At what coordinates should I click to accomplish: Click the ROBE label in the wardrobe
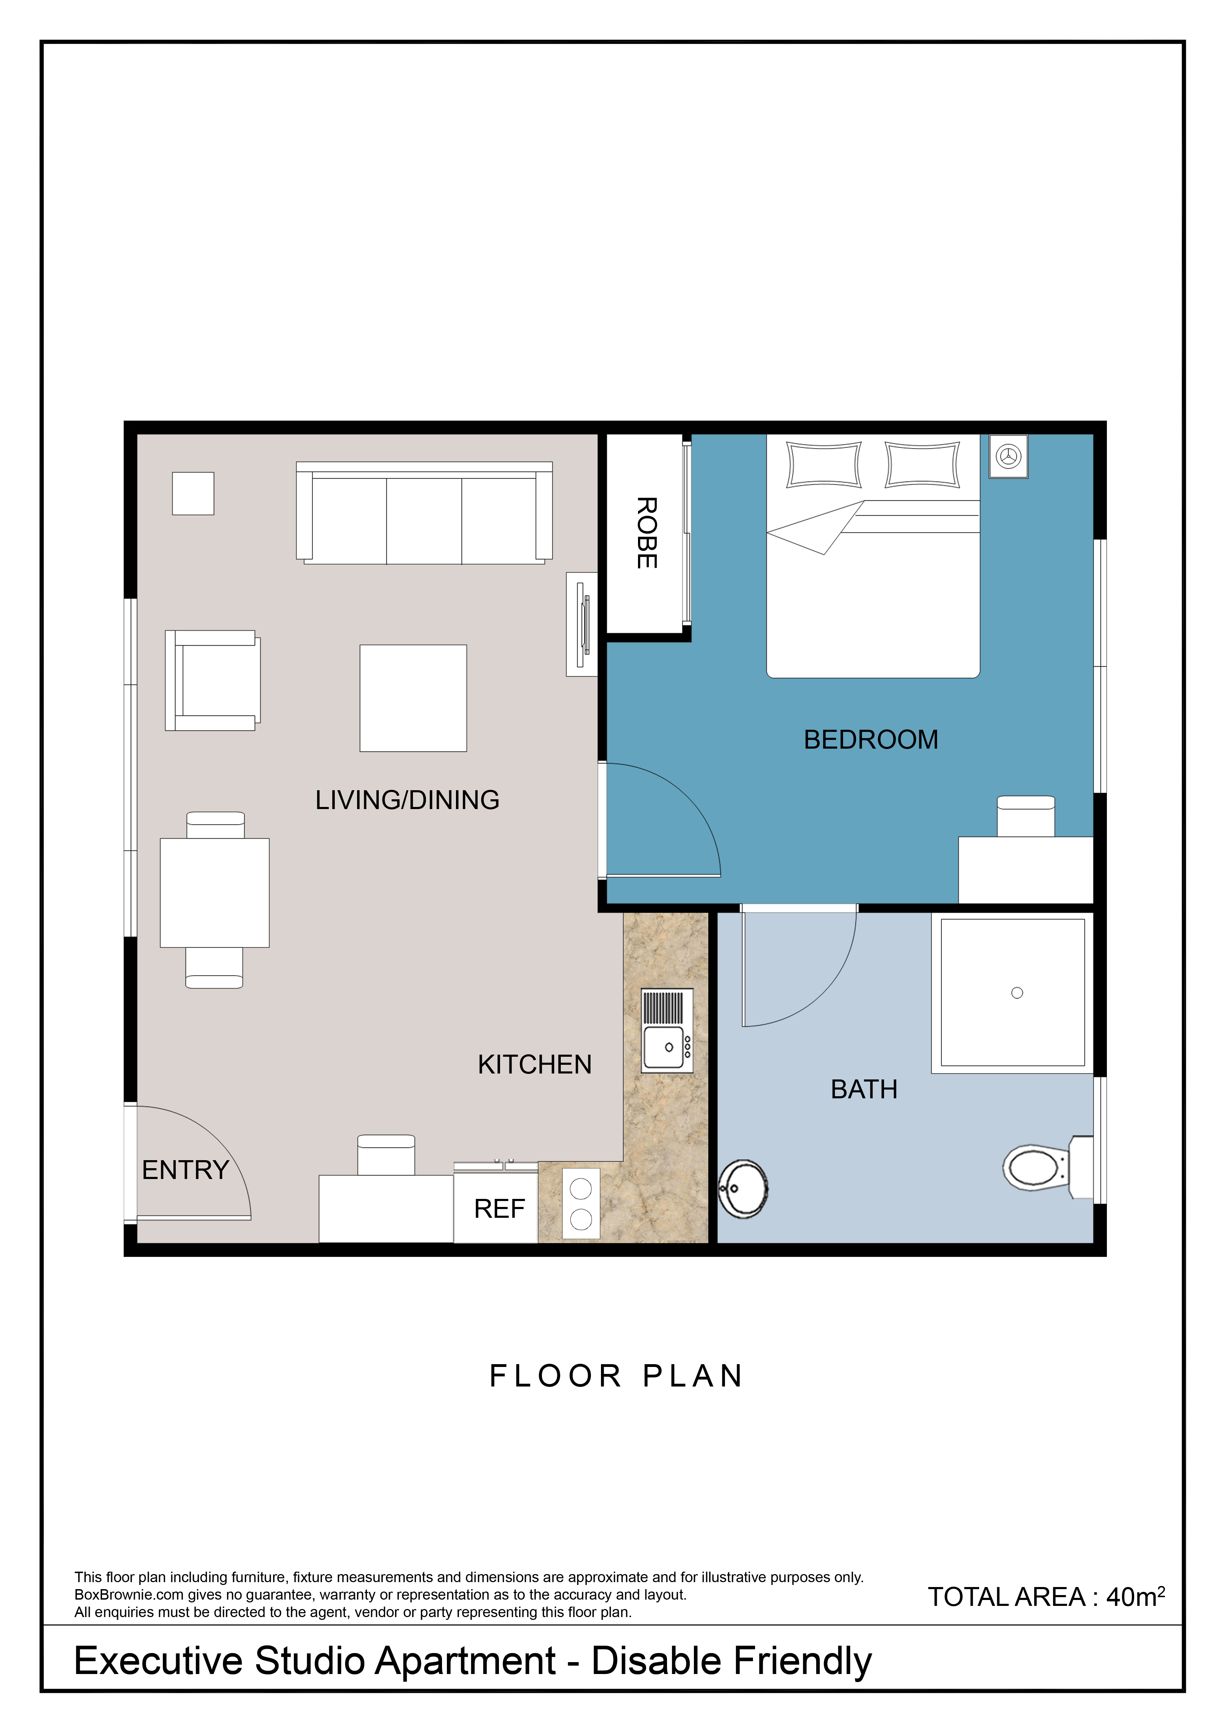point(646,533)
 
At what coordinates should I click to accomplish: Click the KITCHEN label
point(535,1064)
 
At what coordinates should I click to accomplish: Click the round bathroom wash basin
point(743,1189)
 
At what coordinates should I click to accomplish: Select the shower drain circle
point(1017,993)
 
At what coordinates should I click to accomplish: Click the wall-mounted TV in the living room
point(582,624)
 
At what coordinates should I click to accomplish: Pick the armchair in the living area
point(213,681)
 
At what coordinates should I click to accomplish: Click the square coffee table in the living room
point(413,698)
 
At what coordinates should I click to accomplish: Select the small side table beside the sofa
point(193,493)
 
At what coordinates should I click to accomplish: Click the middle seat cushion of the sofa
point(424,521)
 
